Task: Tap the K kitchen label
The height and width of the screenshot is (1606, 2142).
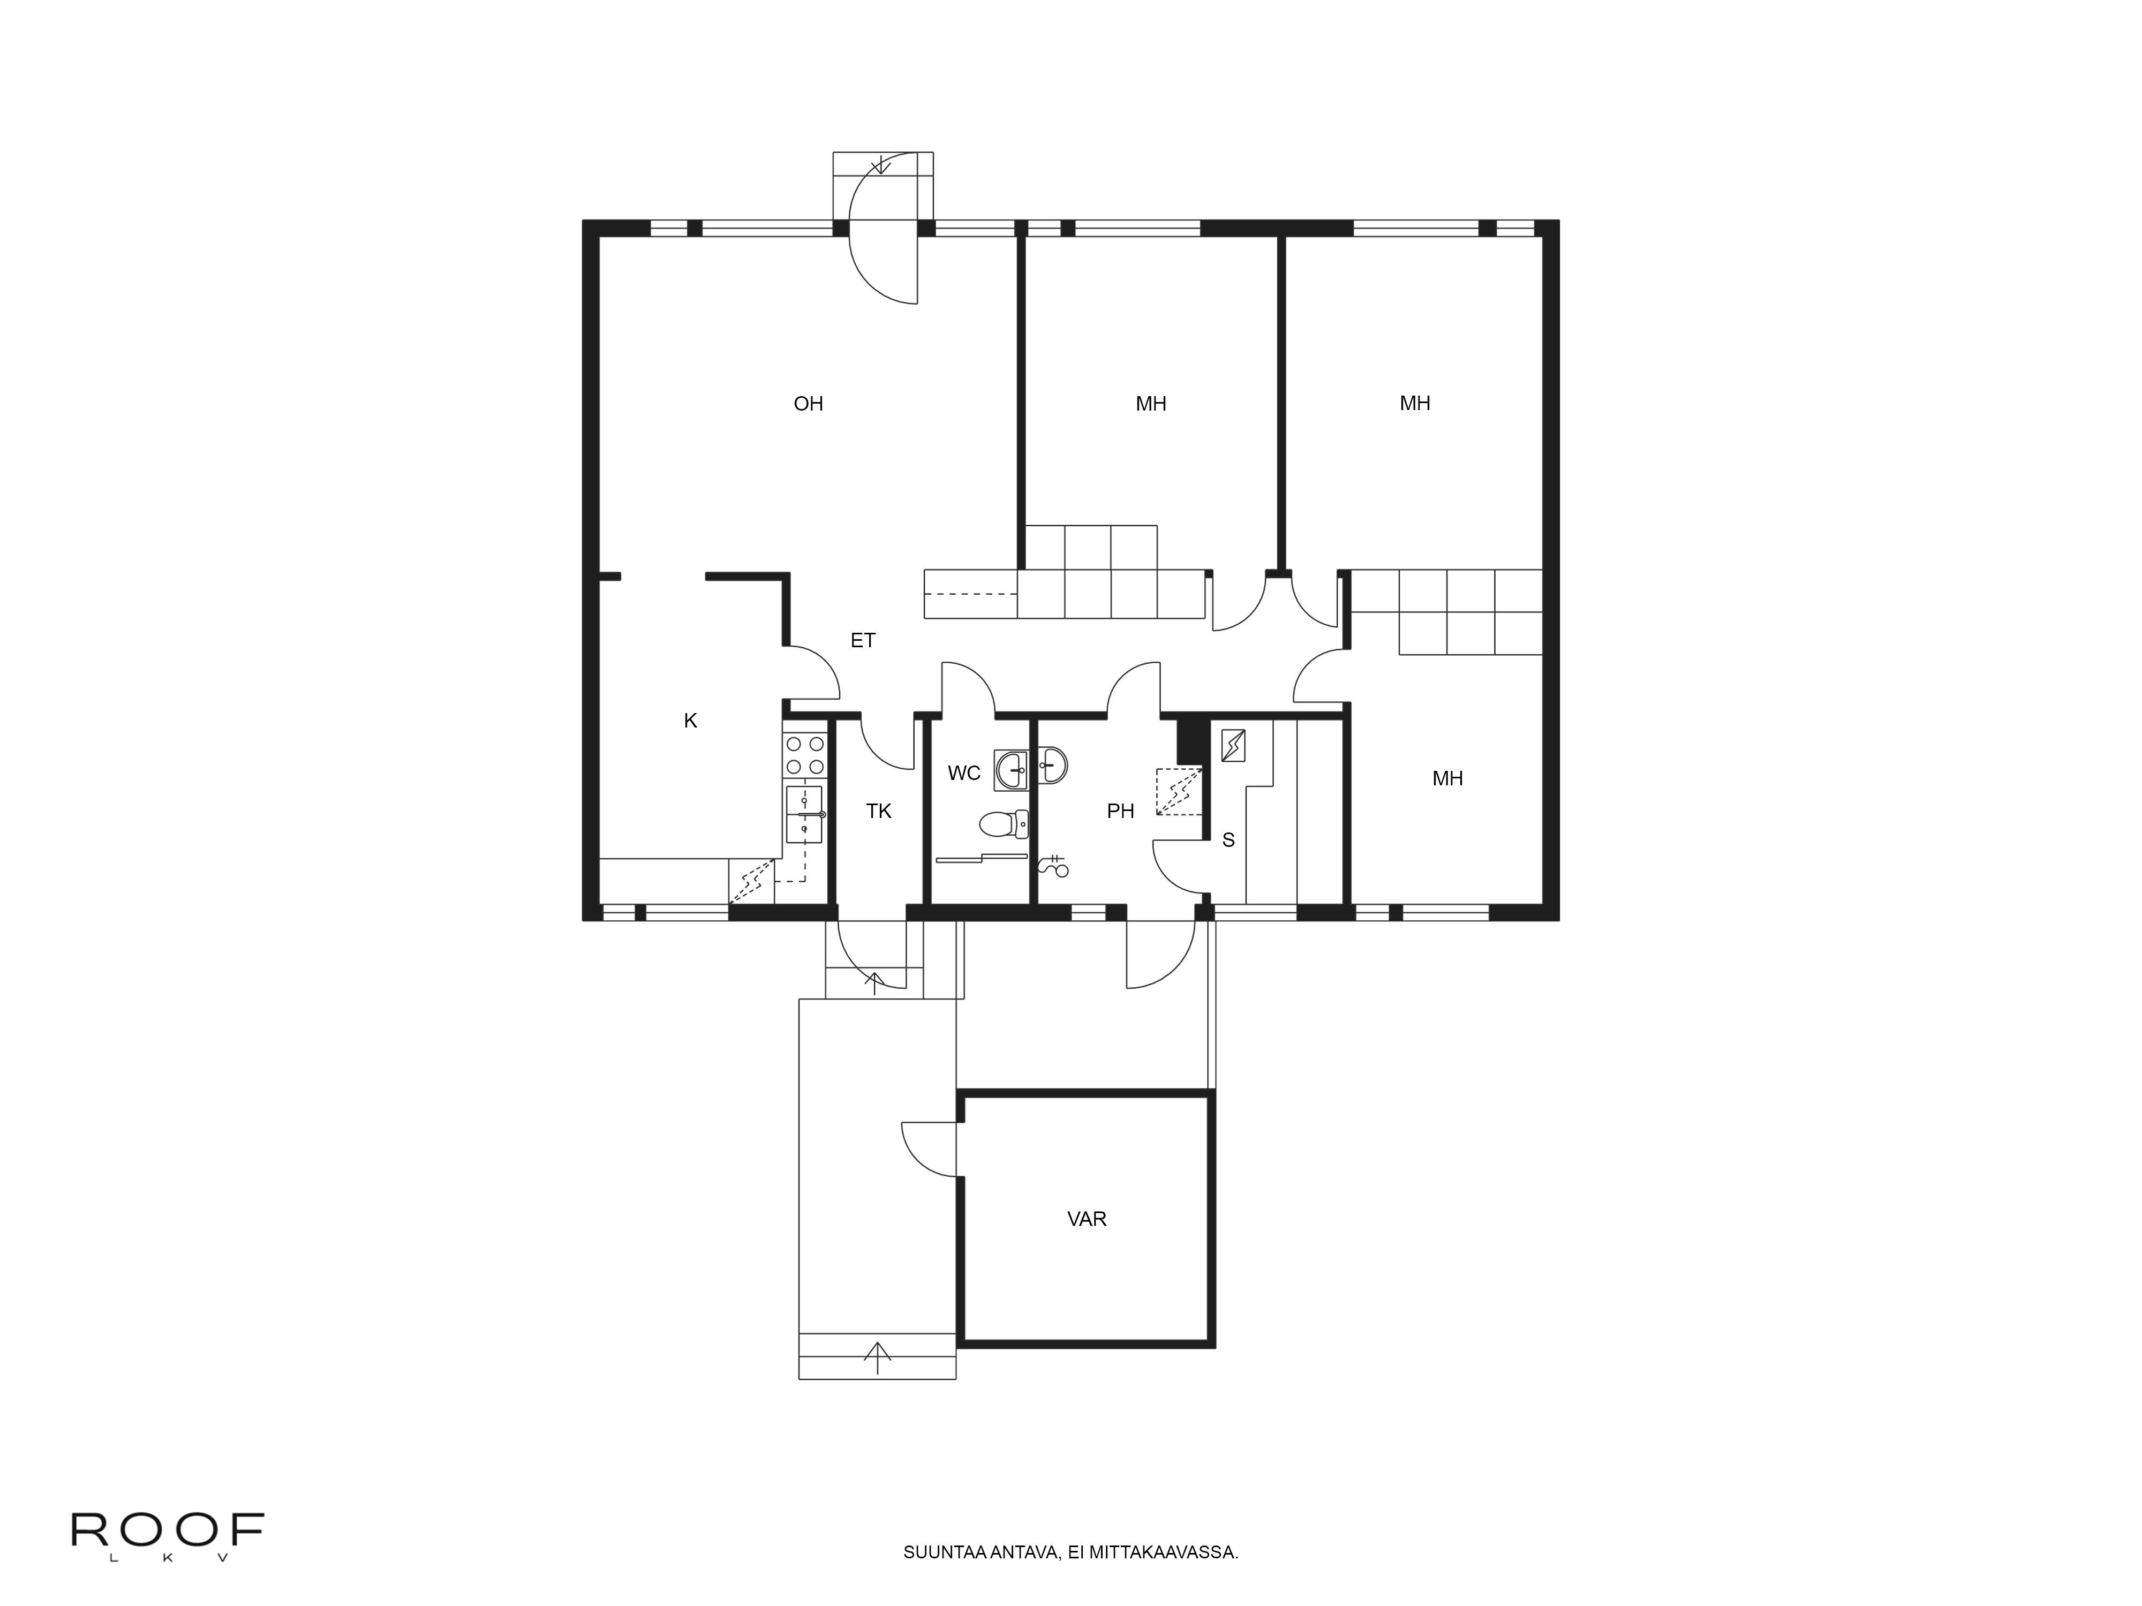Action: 690,720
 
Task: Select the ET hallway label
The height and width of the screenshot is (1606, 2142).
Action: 863,640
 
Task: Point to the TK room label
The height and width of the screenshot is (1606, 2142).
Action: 878,811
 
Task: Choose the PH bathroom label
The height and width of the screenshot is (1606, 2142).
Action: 1120,811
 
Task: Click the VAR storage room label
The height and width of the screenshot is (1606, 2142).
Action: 1087,1219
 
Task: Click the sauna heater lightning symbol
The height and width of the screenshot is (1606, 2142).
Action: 1233,745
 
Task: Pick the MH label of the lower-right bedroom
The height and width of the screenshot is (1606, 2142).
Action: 1447,778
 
